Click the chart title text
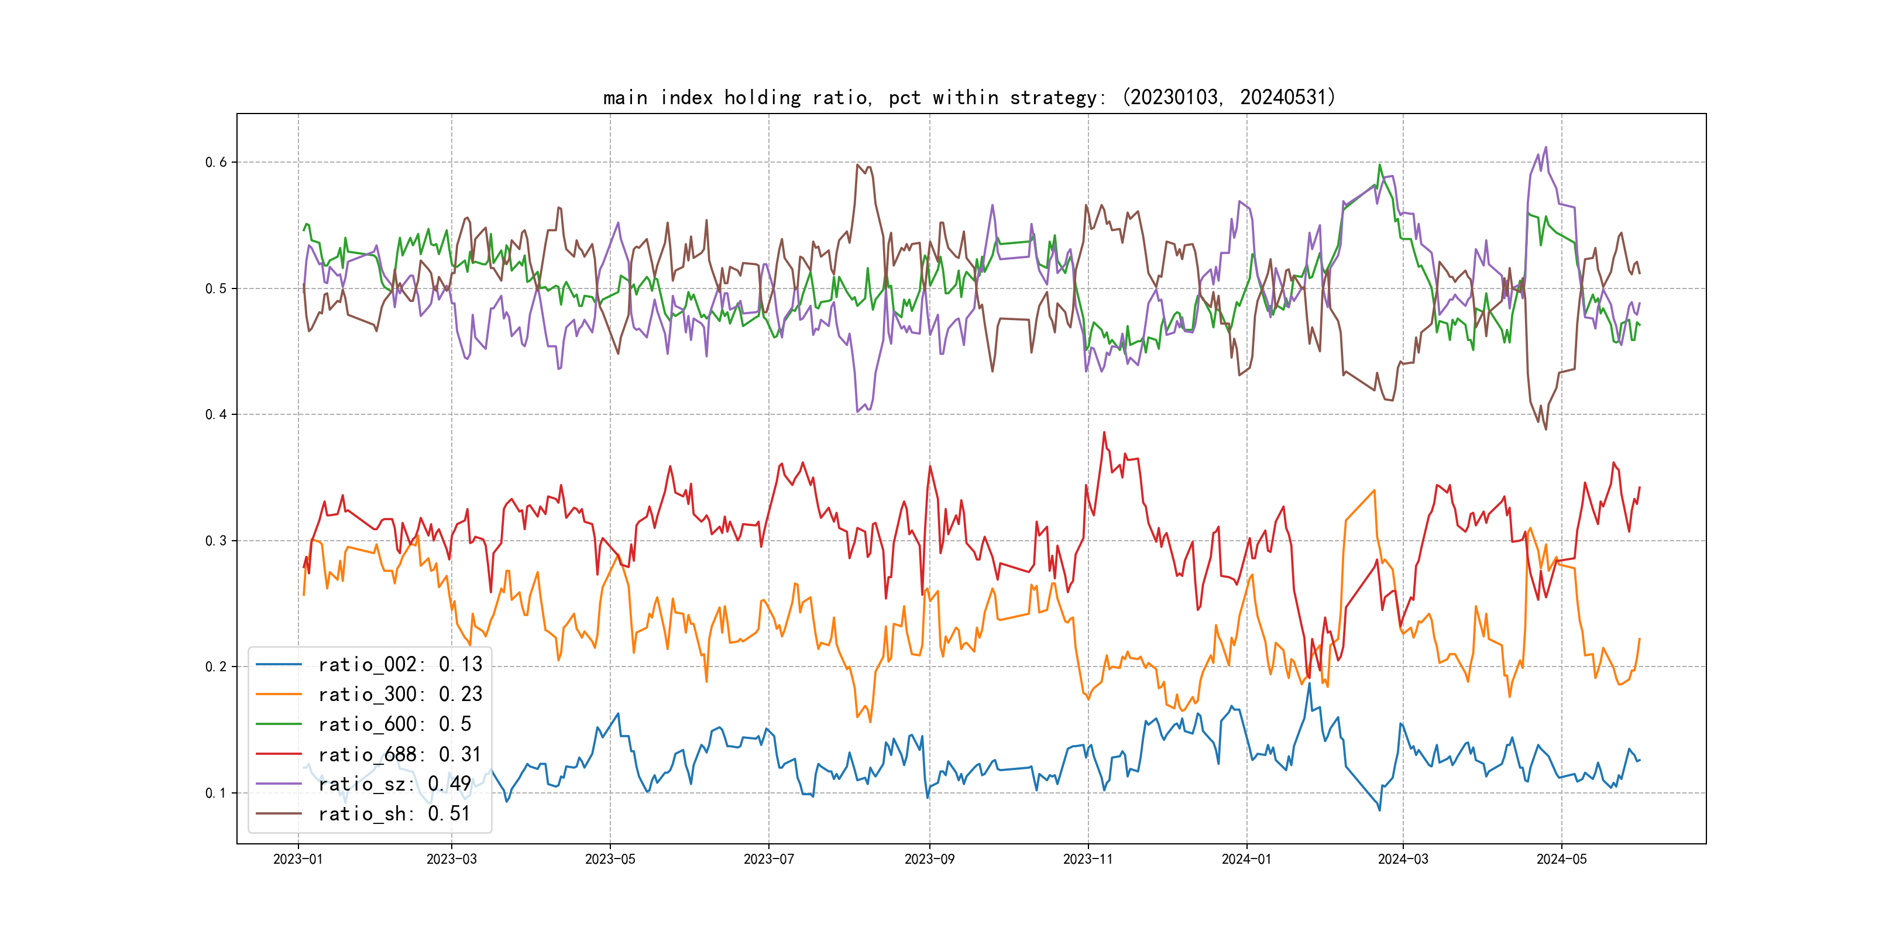click(968, 97)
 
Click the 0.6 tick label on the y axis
click(216, 162)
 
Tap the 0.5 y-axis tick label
click(216, 288)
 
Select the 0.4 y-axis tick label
click(216, 414)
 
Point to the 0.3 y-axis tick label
click(216, 541)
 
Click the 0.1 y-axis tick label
click(216, 793)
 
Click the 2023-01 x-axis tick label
click(298, 859)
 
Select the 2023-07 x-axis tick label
click(768, 859)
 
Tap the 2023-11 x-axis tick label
click(1088, 859)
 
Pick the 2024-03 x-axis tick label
click(1403, 859)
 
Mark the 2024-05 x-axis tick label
click(1561, 859)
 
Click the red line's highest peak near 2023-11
click(1104, 433)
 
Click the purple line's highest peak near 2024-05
click(1545, 147)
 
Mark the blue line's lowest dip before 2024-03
click(1379, 810)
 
